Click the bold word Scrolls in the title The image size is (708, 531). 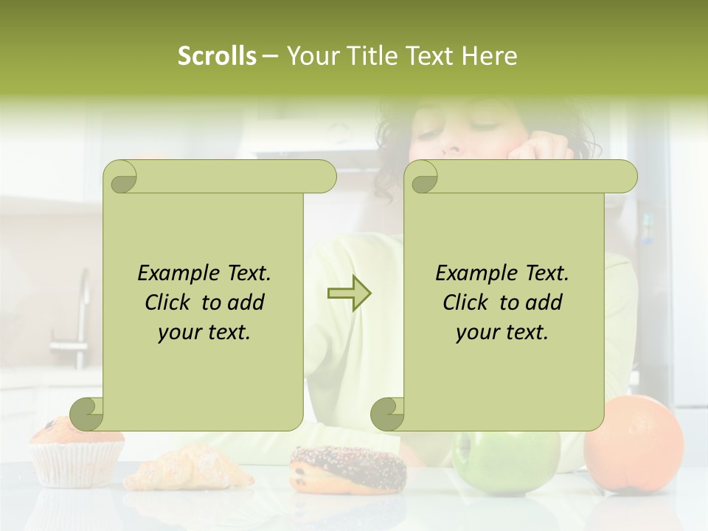pyautogui.click(x=217, y=56)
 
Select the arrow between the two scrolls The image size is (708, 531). pyautogui.click(x=349, y=294)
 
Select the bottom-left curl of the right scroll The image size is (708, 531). pyautogui.click(x=388, y=414)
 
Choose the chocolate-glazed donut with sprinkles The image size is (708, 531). pyautogui.click(x=347, y=468)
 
